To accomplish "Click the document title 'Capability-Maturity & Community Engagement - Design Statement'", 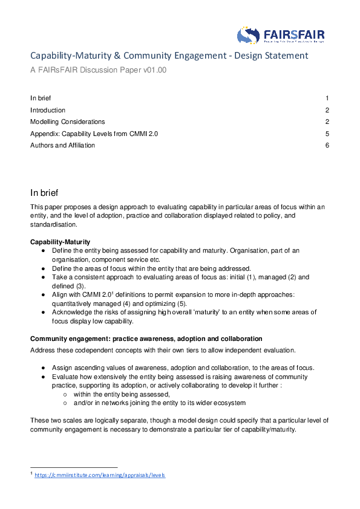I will click(x=169, y=56).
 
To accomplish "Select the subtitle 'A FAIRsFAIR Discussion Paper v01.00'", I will click(x=98, y=70).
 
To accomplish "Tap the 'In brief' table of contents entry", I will click(x=41, y=98).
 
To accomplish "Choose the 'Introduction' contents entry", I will click(x=48, y=110).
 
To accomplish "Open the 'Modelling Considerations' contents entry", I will click(x=67, y=122).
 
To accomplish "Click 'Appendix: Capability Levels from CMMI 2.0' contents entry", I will click(x=94, y=134).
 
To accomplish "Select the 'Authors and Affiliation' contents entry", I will click(x=62, y=145).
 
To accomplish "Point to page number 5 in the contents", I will click(x=327, y=134).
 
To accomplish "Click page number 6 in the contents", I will click(x=327, y=145).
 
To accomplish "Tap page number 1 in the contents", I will click(x=327, y=98).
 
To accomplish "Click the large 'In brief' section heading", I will click(x=44, y=193).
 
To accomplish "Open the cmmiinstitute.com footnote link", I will click(x=99, y=475).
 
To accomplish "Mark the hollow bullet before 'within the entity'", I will click(x=65, y=394).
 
